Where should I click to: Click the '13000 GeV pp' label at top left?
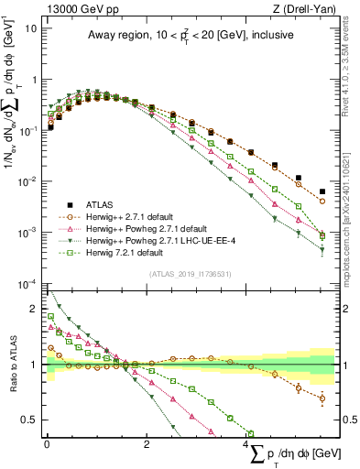point(80,8)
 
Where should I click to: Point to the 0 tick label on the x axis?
point(46,444)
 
